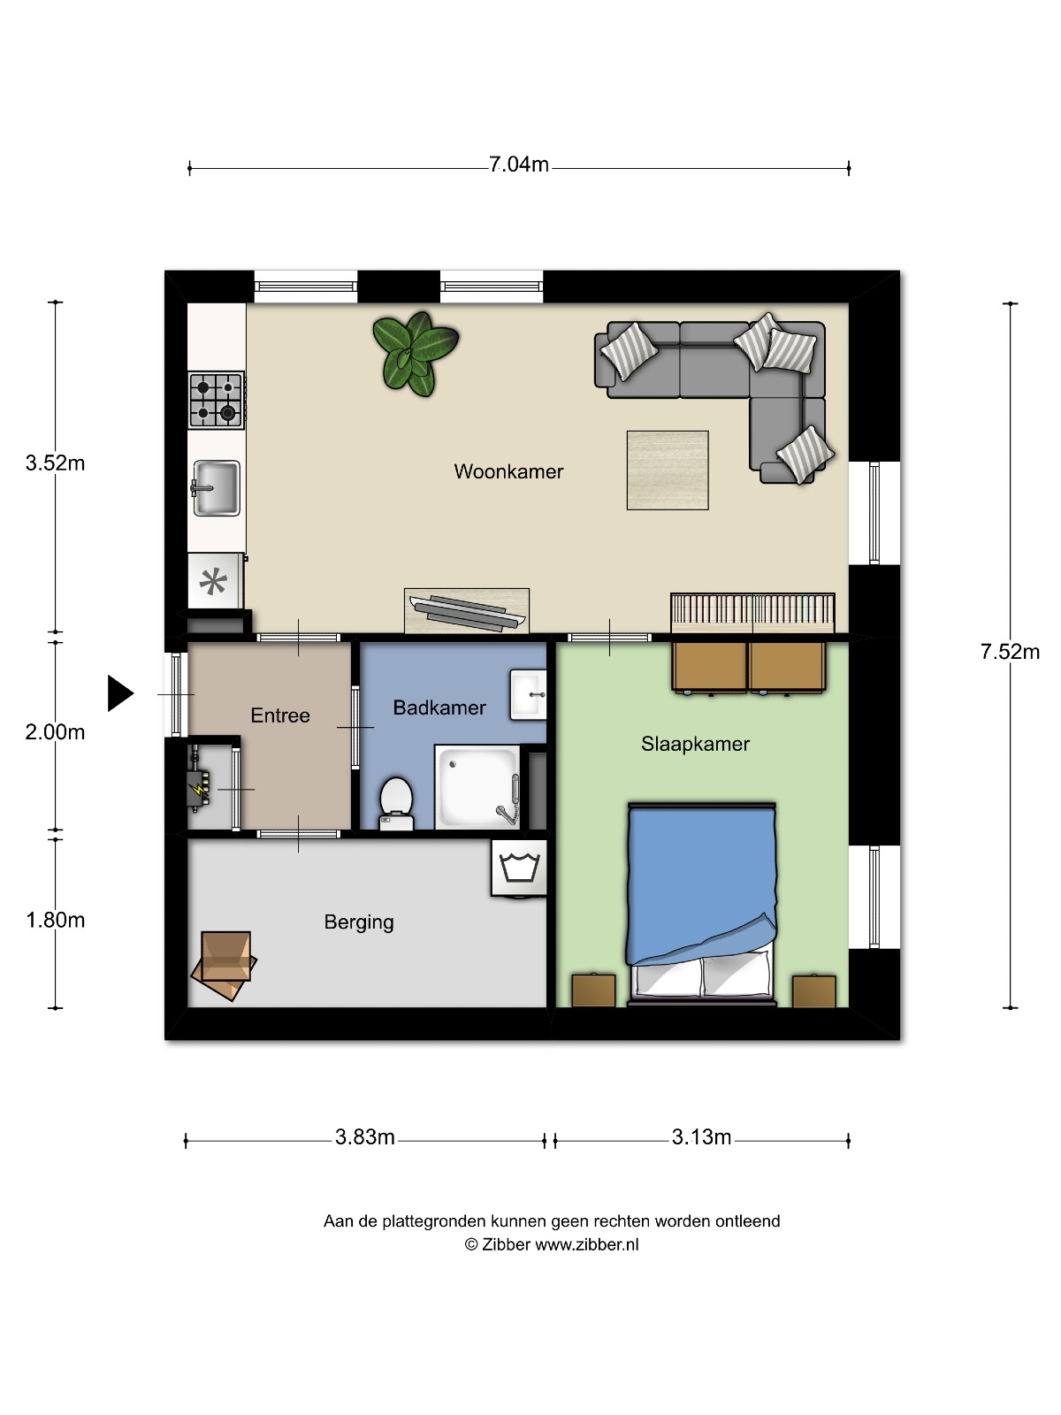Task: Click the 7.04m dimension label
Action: click(519, 164)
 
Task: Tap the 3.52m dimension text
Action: click(55, 463)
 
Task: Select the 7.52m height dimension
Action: click(1010, 652)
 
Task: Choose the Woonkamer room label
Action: click(508, 471)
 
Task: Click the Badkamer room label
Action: click(439, 707)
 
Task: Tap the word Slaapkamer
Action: click(695, 744)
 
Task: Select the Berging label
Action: click(359, 922)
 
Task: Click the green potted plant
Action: click(415, 354)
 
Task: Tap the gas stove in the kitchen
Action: click(216, 400)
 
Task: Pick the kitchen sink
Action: click(216, 488)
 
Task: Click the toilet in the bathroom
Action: click(396, 804)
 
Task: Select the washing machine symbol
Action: click(519, 868)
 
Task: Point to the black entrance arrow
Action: click(120, 693)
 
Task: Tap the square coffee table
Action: click(668, 470)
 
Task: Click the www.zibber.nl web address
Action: click(587, 1244)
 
